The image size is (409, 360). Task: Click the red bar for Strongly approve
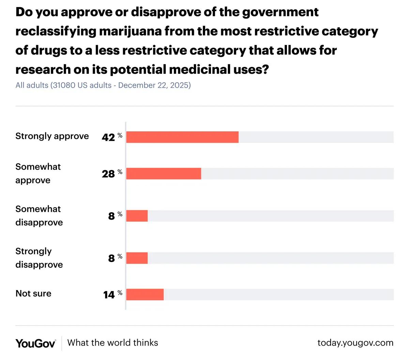[182, 137]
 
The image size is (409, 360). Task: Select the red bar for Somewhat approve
[164, 174]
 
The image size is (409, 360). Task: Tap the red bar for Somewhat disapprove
[137, 216]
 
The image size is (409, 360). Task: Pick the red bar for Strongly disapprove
[137, 258]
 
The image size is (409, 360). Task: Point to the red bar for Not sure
[145, 294]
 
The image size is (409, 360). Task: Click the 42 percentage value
[108, 138]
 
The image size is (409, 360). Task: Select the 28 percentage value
[108, 174]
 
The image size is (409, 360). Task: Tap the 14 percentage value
[109, 295]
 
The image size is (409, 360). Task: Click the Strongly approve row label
[52, 136]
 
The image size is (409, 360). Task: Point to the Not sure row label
[33, 293]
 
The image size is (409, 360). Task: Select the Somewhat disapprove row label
[39, 216]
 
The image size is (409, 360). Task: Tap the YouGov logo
[35, 343]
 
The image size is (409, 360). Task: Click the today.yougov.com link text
[355, 343]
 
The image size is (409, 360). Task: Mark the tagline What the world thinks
[113, 343]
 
